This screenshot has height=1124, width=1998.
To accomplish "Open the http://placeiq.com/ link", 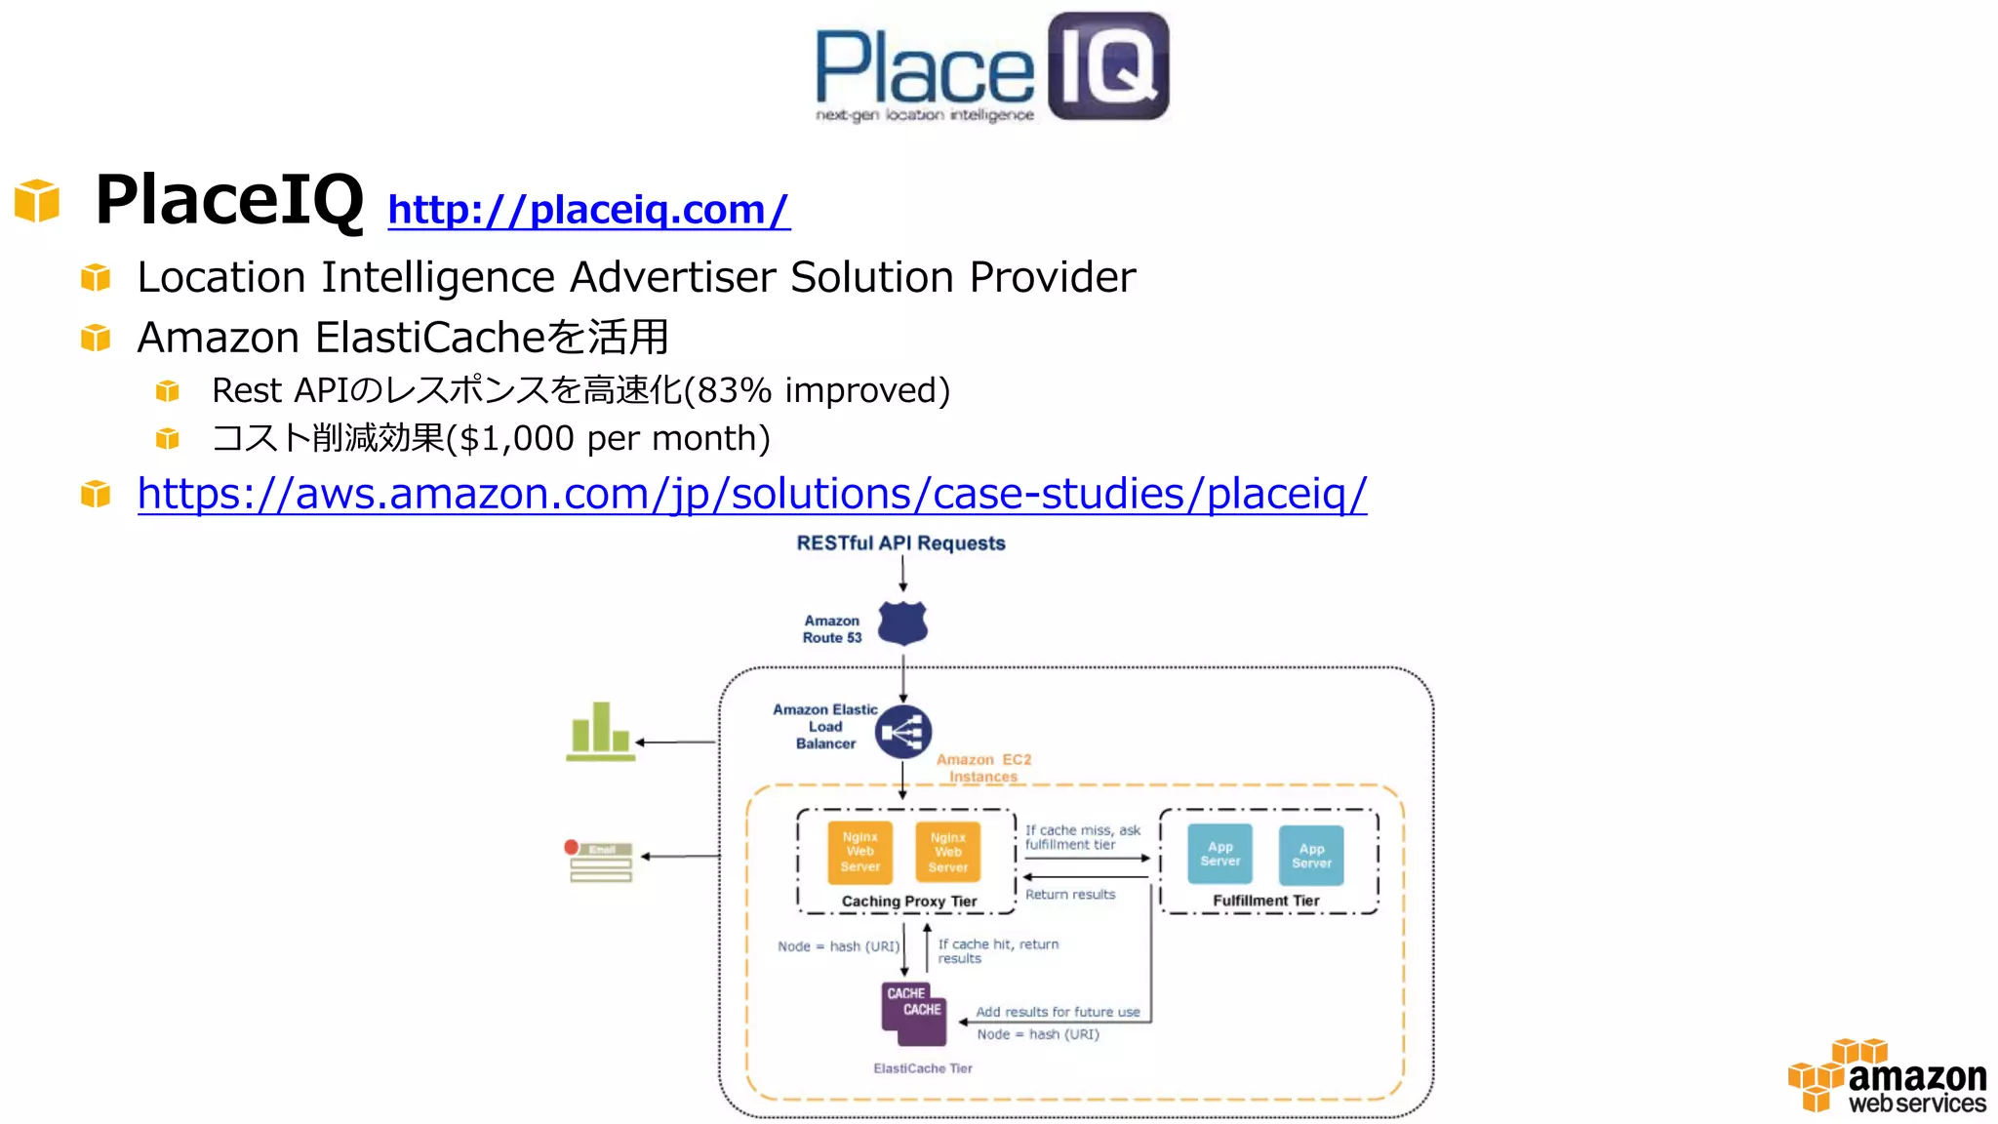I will [x=588, y=210].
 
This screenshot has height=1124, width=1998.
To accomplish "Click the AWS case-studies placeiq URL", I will [x=751, y=494].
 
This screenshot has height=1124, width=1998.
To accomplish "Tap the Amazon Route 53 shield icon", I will [x=902, y=623].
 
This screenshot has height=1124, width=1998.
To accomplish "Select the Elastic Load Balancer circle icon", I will [x=903, y=732].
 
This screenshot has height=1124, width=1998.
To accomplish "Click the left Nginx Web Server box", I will [x=859, y=852].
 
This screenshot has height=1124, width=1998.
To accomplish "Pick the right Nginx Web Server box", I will [x=947, y=852].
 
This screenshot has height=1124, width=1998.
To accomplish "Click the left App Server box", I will [x=1219, y=854].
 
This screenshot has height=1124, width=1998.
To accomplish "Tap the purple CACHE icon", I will [x=914, y=1012].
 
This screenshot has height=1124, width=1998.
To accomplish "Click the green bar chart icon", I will [x=600, y=732].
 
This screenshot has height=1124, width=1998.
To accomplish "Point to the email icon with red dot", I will [x=599, y=862].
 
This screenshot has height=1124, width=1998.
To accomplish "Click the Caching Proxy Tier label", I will [x=908, y=902].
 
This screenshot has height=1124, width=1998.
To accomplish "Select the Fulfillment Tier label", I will [x=1265, y=901].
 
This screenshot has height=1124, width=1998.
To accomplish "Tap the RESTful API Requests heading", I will [x=900, y=543].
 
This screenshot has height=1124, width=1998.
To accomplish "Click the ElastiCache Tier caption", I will [x=922, y=1068].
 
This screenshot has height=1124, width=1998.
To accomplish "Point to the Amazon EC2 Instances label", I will [x=983, y=768].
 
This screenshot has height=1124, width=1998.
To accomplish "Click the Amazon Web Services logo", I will [x=1888, y=1077].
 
